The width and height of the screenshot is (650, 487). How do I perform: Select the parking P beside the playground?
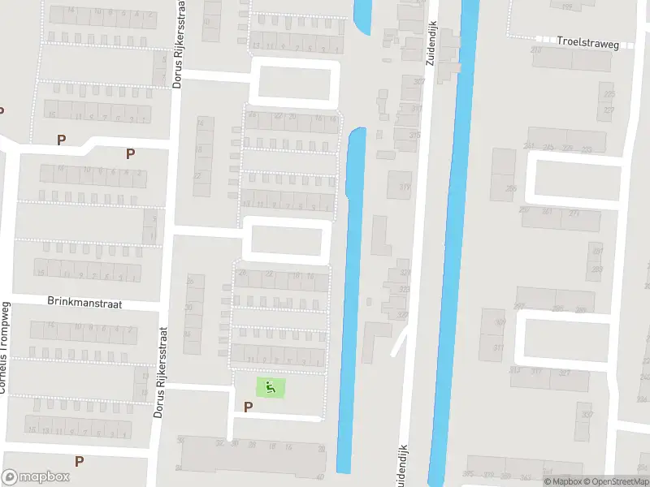[247, 406]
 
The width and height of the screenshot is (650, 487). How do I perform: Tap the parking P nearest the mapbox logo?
[79, 461]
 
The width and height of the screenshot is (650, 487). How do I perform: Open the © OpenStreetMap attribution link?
[616, 481]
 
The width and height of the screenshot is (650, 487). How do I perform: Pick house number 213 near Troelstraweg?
[536, 50]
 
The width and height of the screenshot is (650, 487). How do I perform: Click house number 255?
[510, 187]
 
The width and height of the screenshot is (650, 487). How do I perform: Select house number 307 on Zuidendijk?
[419, 82]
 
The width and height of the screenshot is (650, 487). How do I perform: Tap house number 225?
[609, 94]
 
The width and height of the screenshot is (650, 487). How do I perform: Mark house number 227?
[609, 110]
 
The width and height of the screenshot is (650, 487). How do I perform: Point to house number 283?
[597, 269]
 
